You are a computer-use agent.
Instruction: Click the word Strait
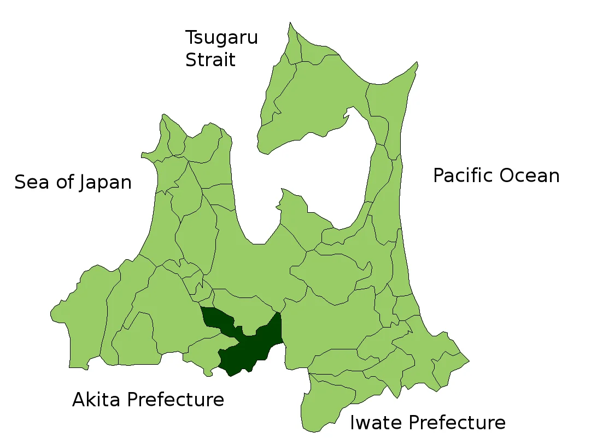(210, 60)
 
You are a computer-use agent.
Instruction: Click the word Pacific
(465, 176)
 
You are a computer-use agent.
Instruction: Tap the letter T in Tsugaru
(191, 38)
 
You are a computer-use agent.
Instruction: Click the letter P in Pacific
(438, 176)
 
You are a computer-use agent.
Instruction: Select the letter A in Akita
(79, 400)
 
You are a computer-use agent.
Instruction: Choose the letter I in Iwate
(353, 423)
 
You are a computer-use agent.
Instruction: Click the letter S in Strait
(191, 60)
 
